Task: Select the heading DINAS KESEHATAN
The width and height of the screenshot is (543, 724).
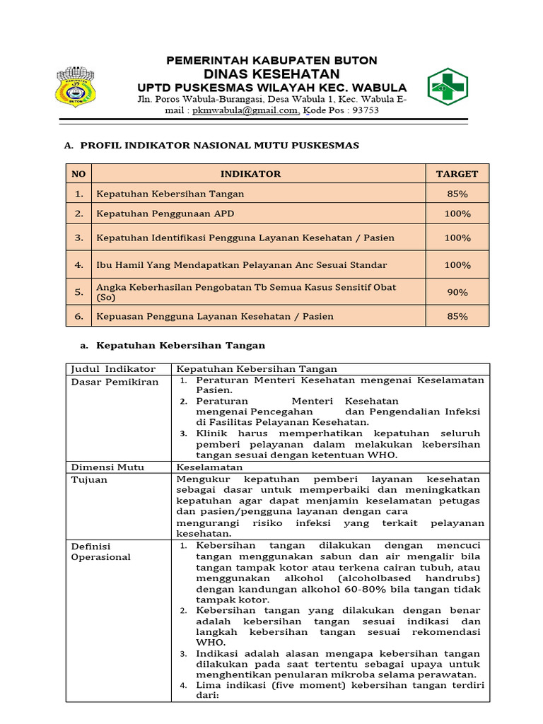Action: pyautogui.click(x=271, y=74)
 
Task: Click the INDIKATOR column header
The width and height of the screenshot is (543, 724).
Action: pyautogui.click(x=250, y=174)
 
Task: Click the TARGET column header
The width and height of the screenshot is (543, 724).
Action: pyautogui.click(x=457, y=174)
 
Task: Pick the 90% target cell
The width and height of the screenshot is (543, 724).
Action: pyautogui.click(x=457, y=292)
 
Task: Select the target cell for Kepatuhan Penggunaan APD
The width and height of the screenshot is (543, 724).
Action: pyautogui.click(x=457, y=214)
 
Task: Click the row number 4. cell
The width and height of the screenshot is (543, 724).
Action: pyautogui.click(x=79, y=265)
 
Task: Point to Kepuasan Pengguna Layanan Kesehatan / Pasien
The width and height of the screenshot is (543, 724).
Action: pyautogui.click(x=214, y=316)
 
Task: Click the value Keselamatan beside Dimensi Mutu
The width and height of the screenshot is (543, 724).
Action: pyautogui.click(x=209, y=467)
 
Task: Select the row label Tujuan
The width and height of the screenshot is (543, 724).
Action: pyautogui.click(x=89, y=479)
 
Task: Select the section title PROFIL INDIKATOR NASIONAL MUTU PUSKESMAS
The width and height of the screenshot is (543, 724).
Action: pyautogui.click(x=219, y=146)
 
